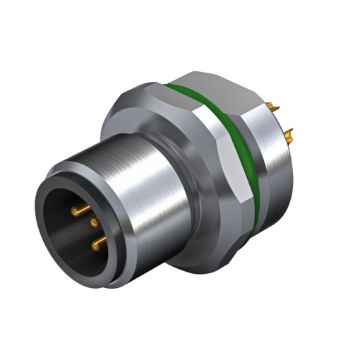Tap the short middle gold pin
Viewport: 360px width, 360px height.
95,222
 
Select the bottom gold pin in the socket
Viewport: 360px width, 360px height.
98,244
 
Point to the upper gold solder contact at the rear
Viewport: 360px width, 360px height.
274,107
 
